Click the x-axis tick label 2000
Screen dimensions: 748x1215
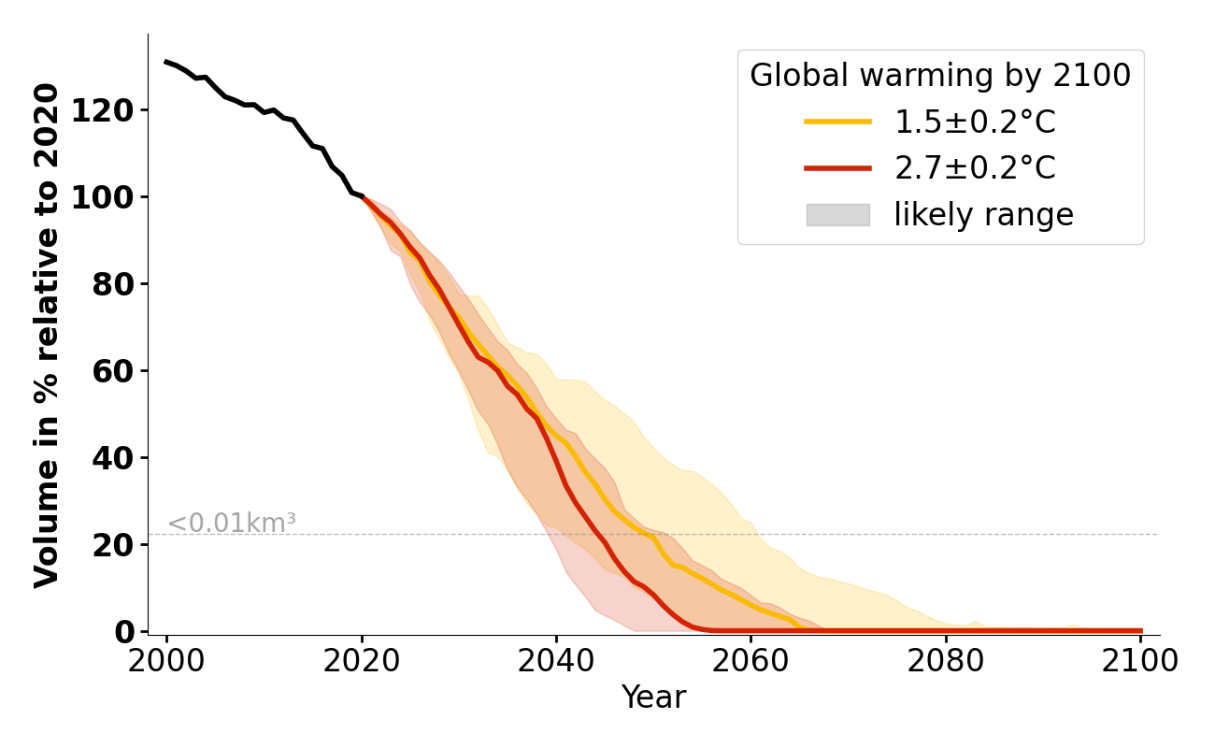click(166, 661)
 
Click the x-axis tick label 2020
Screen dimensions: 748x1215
click(362, 661)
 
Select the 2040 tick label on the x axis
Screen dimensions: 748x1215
click(556, 661)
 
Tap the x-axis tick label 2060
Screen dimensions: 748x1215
click(750, 661)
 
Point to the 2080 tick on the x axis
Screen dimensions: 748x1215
click(946, 661)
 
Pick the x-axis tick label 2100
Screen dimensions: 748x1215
click(1140, 661)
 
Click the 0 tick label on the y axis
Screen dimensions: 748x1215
click(131, 632)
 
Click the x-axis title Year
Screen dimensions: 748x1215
click(653, 698)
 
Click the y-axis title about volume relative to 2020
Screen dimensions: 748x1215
click(48, 335)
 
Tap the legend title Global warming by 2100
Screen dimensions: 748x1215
click(940, 76)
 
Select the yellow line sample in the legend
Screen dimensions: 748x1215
click(837, 122)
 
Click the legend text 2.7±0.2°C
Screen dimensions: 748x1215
click(975, 168)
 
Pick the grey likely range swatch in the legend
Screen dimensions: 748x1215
click(837, 215)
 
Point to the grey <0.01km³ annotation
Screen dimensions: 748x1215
click(232, 524)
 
